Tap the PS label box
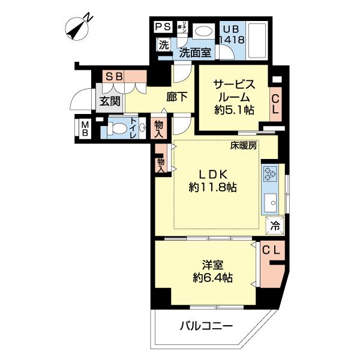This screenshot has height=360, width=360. click(x=163, y=27)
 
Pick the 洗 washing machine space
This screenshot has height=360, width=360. click(x=163, y=44)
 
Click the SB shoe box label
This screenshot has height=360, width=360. click(x=114, y=76)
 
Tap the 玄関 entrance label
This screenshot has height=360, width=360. click(x=109, y=100)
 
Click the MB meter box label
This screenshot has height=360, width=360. click(x=84, y=128)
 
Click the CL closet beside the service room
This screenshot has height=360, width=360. click(x=275, y=104)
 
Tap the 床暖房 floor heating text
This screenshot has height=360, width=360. click(x=242, y=145)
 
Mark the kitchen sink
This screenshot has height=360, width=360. click(x=269, y=202)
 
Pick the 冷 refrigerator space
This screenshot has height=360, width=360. click(x=274, y=226)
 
